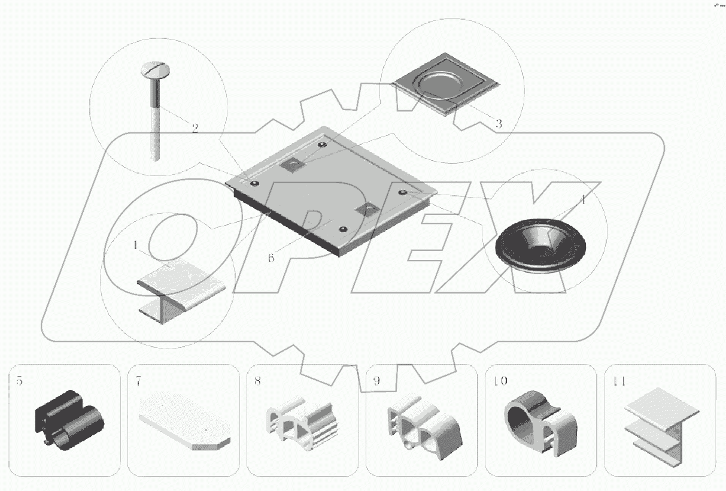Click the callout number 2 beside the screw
(x=195, y=128)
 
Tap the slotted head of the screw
(x=156, y=69)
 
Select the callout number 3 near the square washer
(x=499, y=123)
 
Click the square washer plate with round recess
(x=446, y=84)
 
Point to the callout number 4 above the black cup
(x=583, y=200)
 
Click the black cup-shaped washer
(x=540, y=245)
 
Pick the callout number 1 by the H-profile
(x=135, y=245)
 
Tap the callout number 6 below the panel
(x=271, y=258)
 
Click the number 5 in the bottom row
(x=19, y=381)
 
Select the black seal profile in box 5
(x=69, y=420)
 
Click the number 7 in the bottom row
(x=138, y=381)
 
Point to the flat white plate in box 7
(x=185, y=421)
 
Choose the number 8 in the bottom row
(x=258, y=381)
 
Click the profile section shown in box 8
(x=303, y=423)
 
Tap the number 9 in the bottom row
(x=376, y=381)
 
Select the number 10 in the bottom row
(x=500, y=381)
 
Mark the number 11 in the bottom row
(x=619, y=381)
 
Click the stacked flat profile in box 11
(x=661, y=427)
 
